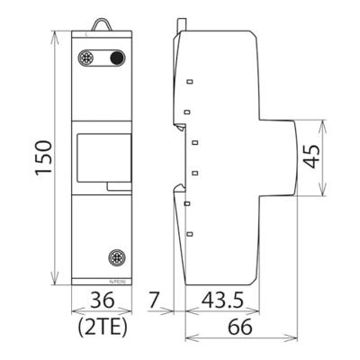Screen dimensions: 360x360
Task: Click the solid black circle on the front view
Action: coord(116,58)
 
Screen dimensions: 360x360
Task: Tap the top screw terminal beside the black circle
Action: coord(88,58)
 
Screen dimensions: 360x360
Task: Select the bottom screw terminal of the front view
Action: coord(115,259)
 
